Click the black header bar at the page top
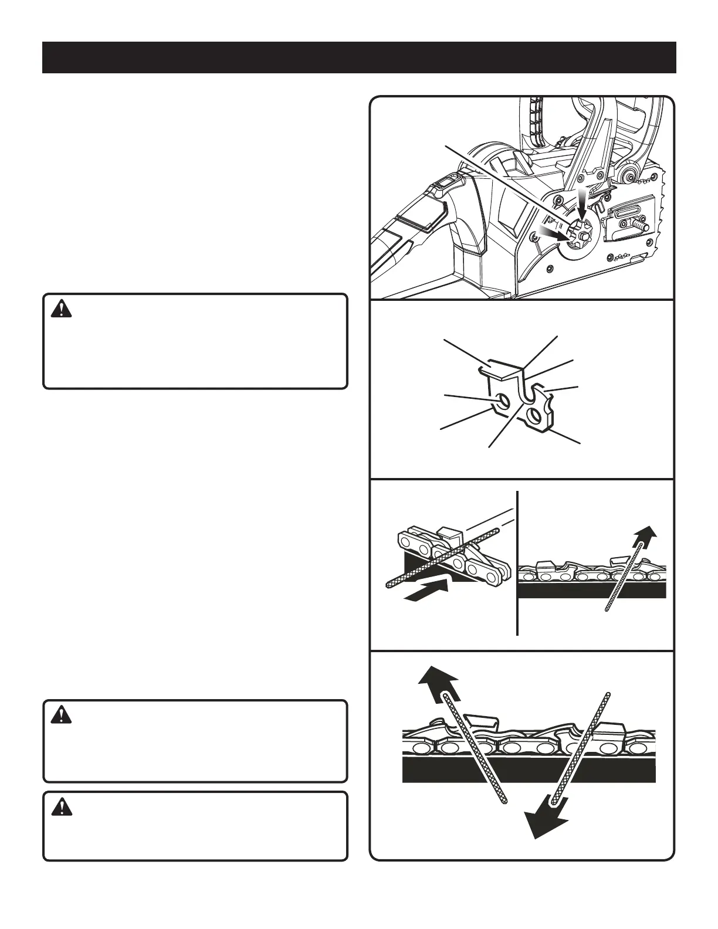coord(359,57)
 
